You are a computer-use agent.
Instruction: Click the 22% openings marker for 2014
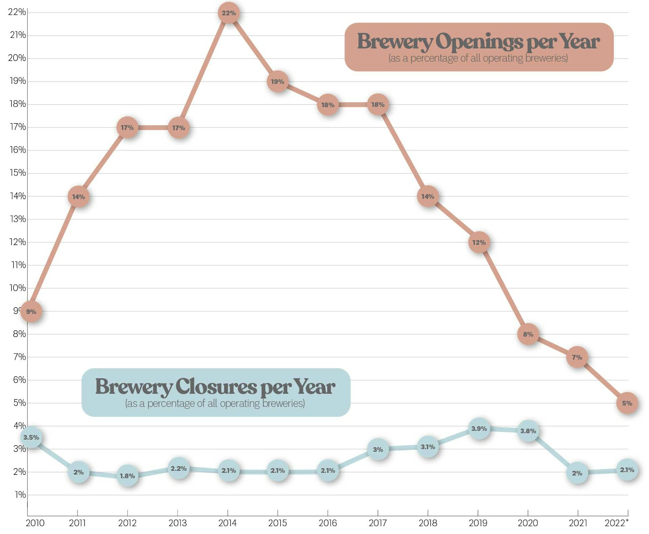pos(228,13)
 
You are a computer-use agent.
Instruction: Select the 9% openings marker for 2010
pos(31,311)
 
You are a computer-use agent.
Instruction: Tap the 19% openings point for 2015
pos(277,81)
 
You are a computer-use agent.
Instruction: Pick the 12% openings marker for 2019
pos(479,242)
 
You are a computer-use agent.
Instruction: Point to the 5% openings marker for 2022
pos(627,403)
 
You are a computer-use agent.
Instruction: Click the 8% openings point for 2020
pos(528,334)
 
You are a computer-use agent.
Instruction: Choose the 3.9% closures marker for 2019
pos(479,429)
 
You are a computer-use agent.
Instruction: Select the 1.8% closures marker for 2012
pos(127,476)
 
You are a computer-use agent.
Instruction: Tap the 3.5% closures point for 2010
pos(31,437)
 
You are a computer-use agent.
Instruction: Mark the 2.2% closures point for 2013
pos(178,468)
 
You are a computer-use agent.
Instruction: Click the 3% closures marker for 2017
pos(378,449)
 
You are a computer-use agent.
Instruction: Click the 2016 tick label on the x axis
pos(328,523)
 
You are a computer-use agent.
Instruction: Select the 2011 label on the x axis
pos(77,523)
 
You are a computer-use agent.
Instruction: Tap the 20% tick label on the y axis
pos(17,58)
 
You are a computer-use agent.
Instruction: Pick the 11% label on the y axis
pos(18,265)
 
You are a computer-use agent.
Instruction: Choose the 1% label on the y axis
pos(20,495)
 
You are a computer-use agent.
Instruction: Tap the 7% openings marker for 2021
pos(577,357)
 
